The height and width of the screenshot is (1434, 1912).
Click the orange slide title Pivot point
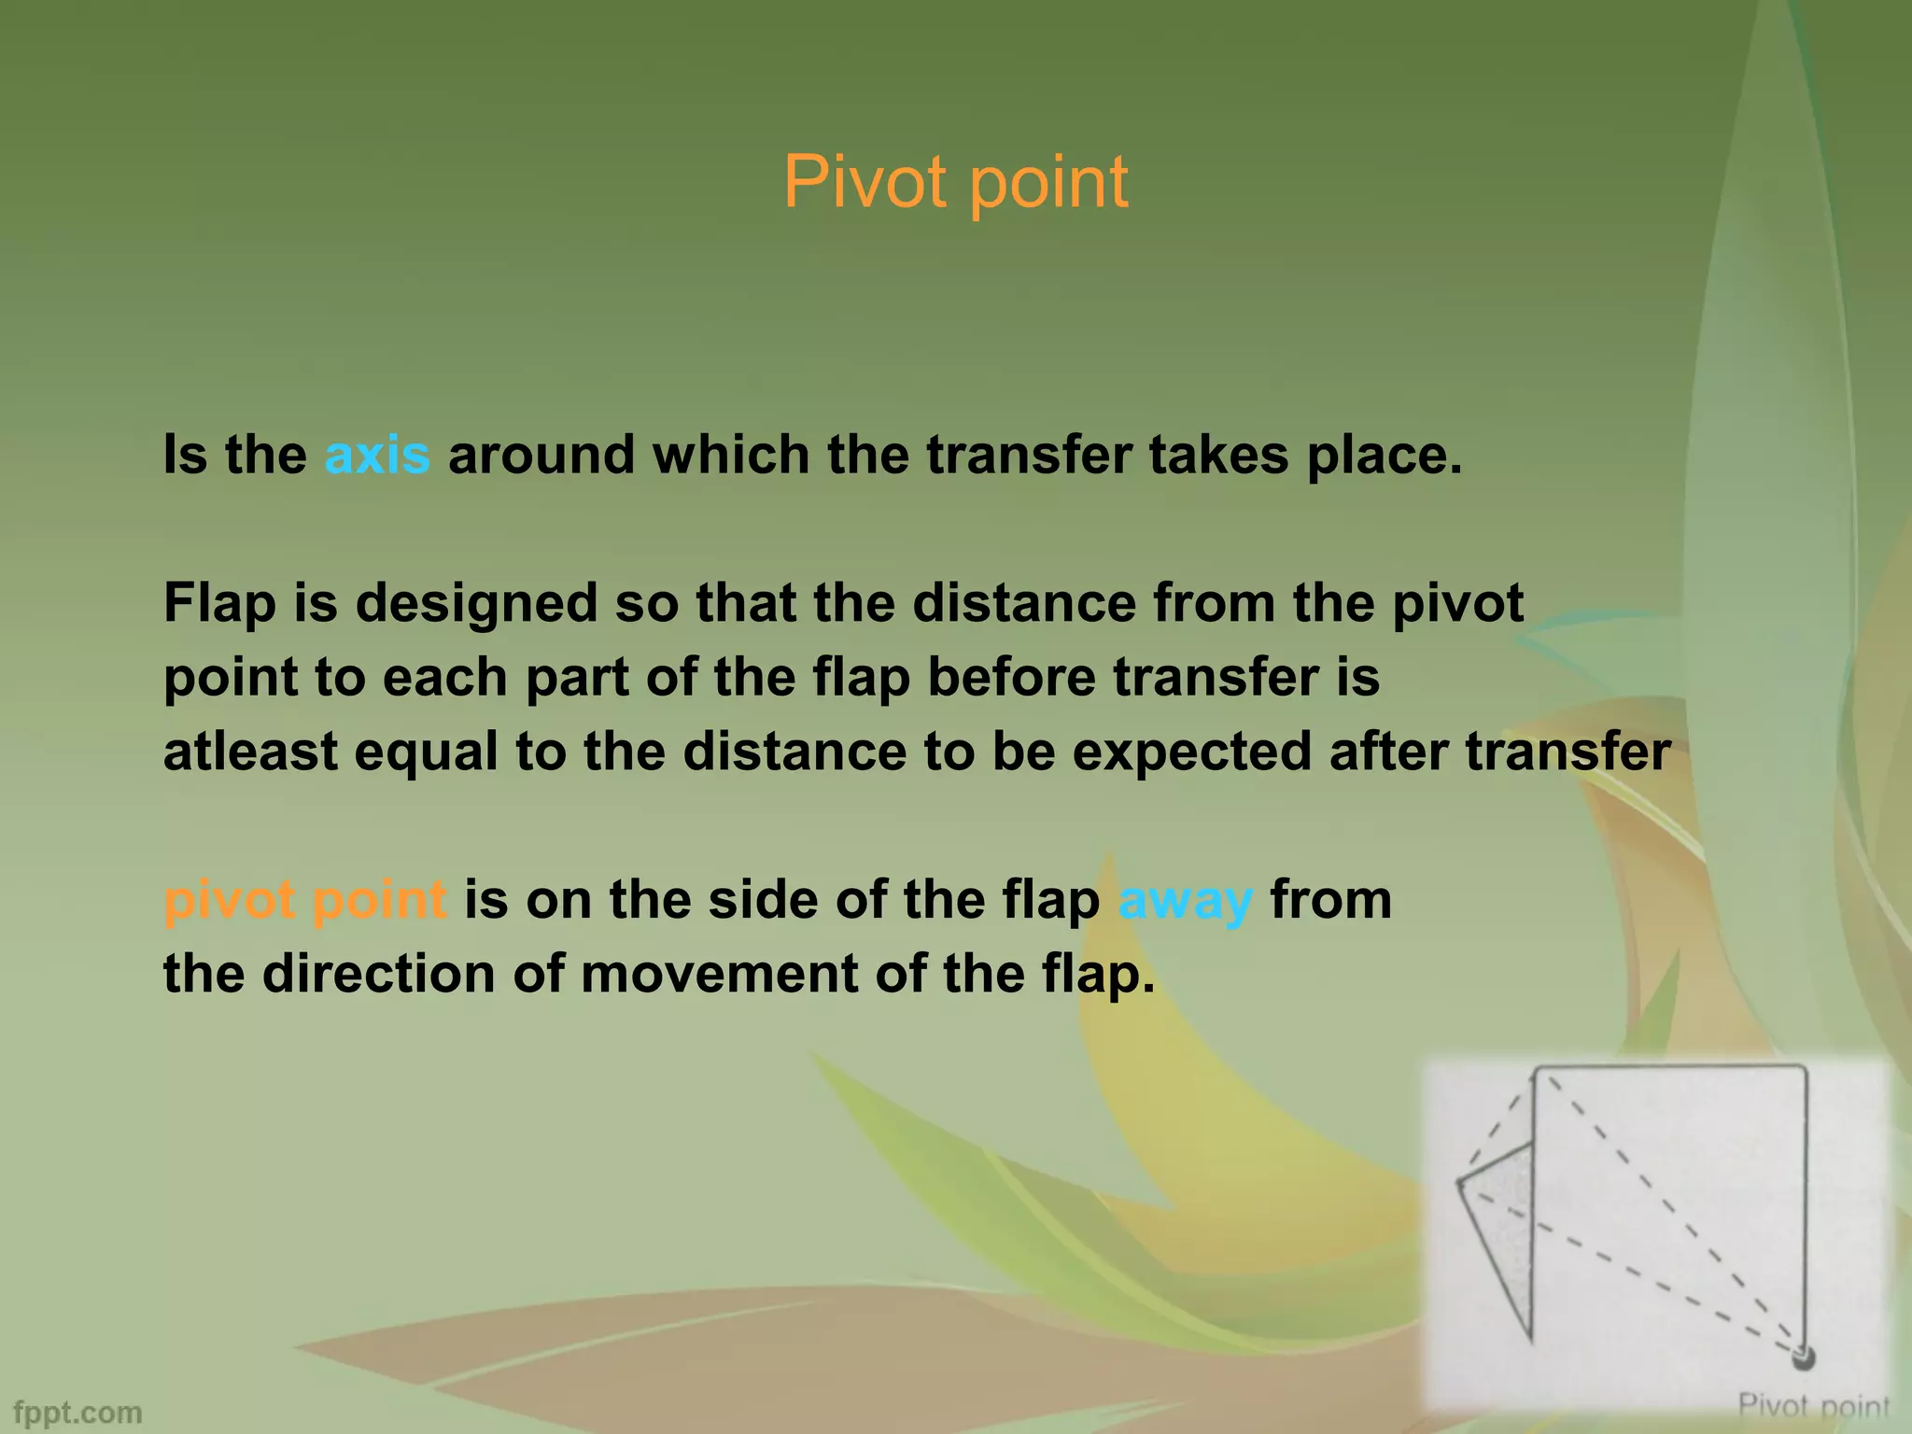coord(955,182)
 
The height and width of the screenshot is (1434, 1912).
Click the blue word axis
coord(377,455)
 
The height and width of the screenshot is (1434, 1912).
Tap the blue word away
coord(1184,901)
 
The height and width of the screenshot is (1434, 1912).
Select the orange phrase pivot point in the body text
coord(305,901)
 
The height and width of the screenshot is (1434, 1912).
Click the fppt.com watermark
coord(78,1412)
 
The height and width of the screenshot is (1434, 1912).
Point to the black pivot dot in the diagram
coord(1803,1382)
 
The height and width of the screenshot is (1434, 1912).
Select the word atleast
coord(250,752)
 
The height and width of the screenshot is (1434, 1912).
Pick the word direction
coord(378,975)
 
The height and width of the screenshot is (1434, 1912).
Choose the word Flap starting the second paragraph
coord(219,603)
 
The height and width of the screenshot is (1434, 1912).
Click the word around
coord(541,455)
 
